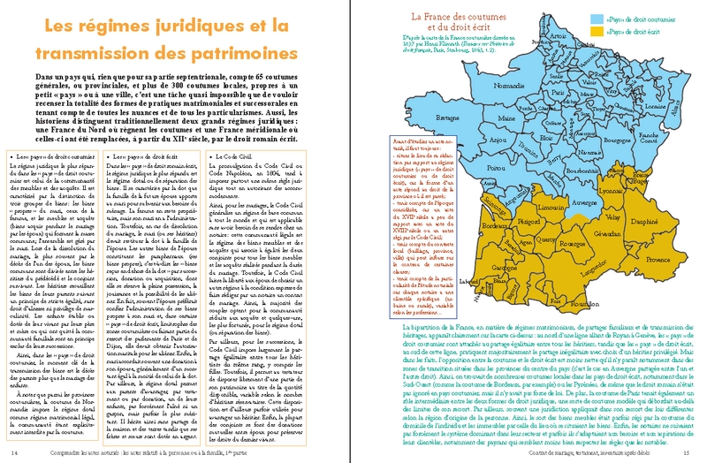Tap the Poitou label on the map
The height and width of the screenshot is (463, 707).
pyautogui.click(x=496, y=167)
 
